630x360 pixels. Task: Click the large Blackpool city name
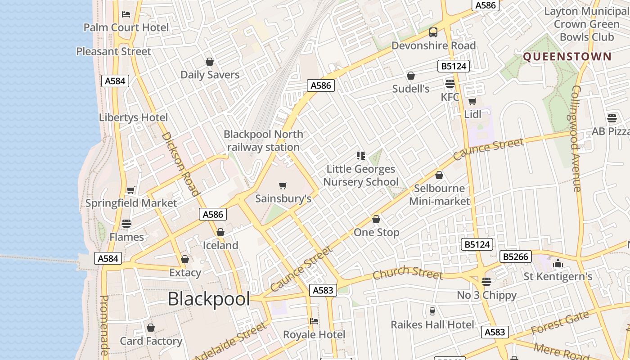(208, 299)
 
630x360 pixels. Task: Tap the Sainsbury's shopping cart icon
(283, 185)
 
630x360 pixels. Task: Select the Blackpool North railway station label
(263, 140)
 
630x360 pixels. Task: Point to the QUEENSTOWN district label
(567, 57)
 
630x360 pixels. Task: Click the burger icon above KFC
(450, 83)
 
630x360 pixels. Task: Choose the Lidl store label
(472, 114)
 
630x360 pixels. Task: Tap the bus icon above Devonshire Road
(433, 32)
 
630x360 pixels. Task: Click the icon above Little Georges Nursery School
(360, 156)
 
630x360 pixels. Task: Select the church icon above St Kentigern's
(558, 263)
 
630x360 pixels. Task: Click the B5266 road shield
(516, 256)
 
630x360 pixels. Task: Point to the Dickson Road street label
(180, 164)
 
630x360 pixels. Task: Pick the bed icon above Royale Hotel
(314, 321)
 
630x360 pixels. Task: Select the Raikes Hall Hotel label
(432, 324)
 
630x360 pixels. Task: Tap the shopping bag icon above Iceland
(220, 232)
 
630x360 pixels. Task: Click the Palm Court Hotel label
(126, 27)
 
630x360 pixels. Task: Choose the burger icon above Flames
(126, 224)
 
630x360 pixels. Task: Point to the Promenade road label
(104, 325)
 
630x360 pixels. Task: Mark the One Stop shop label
(377, 233)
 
